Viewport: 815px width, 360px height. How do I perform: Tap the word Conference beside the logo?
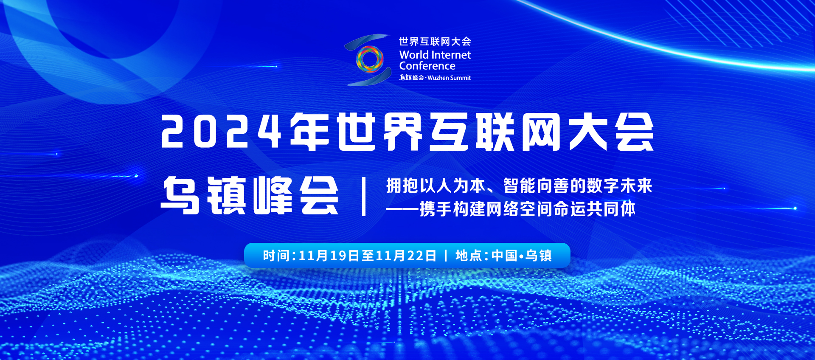point(427,66)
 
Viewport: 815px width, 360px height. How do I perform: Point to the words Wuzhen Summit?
point(449,78)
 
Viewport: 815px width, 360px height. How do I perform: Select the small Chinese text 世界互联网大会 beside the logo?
point(435,41)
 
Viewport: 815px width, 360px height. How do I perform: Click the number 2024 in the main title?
point(221,132)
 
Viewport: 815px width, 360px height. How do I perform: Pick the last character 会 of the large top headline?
point(635,132)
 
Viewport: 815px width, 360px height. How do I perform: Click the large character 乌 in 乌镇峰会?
point(180,195)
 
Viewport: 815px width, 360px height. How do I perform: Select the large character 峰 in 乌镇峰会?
point(273,195)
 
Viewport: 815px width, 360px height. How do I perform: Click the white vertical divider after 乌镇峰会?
point(364,197)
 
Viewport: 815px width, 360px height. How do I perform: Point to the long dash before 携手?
point(402,209)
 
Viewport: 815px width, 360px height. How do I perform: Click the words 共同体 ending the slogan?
point(611,209)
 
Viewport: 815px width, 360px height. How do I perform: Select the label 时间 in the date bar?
point(276,256)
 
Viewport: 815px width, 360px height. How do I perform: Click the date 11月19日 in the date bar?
point(329,256)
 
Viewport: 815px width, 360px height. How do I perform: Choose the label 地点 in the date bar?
point(469,256)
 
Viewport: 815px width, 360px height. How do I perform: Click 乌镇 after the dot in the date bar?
point(539,256)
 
